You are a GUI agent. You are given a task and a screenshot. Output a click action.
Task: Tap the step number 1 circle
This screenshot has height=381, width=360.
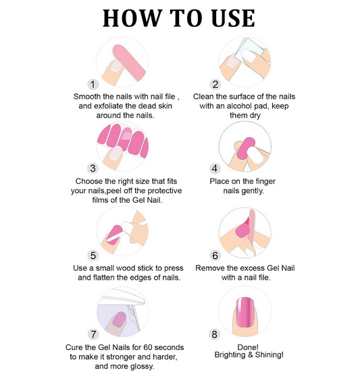93,84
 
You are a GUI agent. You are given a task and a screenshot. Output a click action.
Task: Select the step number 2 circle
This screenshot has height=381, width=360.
215,84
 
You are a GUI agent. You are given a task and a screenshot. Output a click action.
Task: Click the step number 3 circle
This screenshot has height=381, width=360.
93,168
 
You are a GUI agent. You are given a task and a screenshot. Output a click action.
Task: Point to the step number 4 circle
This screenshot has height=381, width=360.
215,168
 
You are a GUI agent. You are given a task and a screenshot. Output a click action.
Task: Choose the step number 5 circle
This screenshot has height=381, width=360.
93,255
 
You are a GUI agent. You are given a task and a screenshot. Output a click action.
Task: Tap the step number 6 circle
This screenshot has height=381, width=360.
215,256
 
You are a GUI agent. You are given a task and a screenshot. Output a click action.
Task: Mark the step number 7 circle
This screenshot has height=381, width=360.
93,334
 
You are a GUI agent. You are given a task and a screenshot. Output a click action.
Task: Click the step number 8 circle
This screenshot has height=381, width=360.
215,334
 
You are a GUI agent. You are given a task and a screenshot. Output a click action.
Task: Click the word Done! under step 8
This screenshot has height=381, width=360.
245,347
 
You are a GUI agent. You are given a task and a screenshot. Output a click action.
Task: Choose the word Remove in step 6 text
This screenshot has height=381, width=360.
211,268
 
